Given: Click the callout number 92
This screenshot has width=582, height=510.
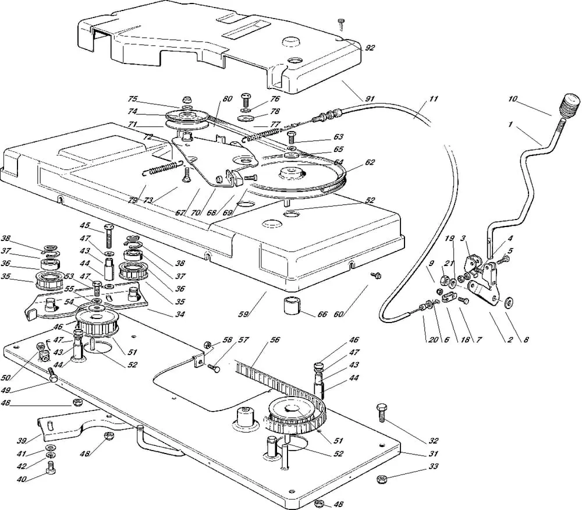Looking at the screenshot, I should (370, 48).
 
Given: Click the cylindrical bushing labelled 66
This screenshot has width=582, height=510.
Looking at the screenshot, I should (294, 304).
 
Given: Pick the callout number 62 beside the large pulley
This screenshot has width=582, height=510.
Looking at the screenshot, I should (370, 162).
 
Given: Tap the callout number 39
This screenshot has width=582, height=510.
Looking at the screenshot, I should (23, 441).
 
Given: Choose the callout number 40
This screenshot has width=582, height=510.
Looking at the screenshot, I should (23, 479).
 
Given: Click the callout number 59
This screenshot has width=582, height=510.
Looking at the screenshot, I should (244, 314).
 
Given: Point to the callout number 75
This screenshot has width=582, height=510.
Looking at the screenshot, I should (133, 99).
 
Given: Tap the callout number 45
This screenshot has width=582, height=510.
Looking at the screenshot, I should (86, 225).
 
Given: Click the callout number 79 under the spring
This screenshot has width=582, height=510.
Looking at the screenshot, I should (133, 200).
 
